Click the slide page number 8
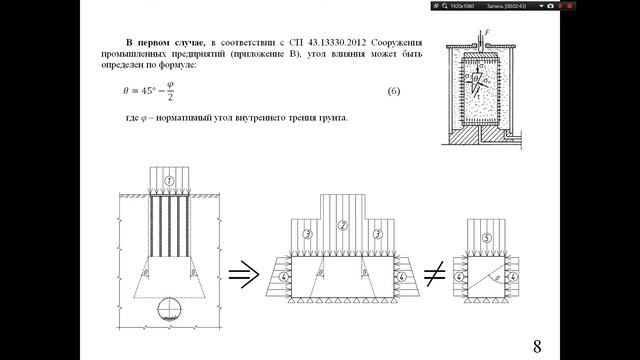pos(536,345)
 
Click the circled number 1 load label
pos(170,180)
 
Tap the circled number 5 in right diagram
pos(485,238)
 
